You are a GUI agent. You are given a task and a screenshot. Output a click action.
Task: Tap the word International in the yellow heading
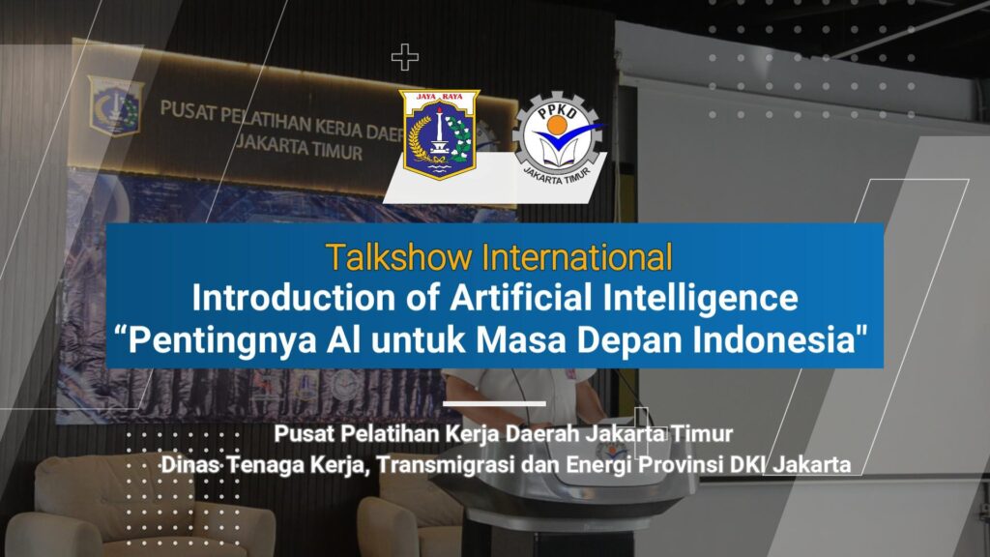click(x=577, y=257)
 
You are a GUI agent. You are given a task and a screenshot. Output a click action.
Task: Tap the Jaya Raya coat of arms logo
click(x=440, y=133)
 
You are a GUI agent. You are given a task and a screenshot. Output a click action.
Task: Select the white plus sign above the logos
click(x=405, y=57)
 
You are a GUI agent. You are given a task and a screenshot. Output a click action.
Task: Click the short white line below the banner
click(x=494, y=403)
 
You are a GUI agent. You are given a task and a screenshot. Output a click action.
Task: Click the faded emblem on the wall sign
click(x=114, y=105)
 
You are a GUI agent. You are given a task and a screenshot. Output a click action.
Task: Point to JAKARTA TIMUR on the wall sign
click(x=300, y=148)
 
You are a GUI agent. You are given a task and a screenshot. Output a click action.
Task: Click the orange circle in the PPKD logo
click(x=556, y=125)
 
